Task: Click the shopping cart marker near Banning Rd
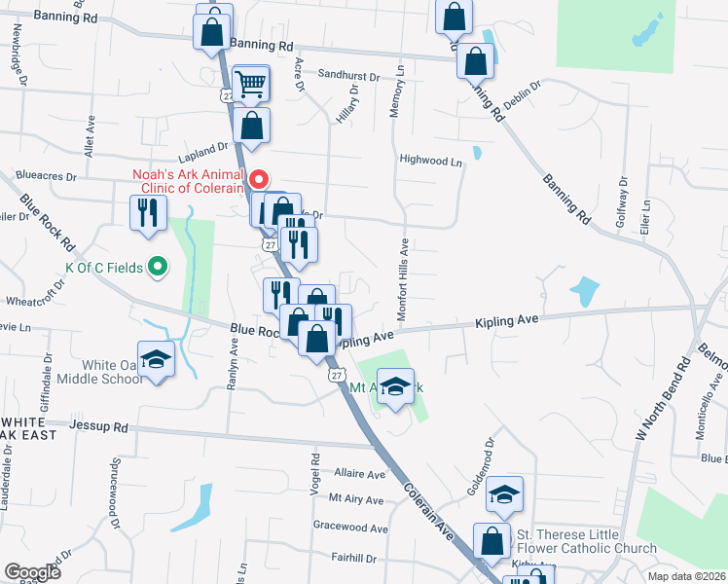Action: (x=251, y=86)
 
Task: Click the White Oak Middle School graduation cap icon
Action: (x=156, y=360)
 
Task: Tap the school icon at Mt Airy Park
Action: (x=395, y=387)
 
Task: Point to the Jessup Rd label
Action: (x=99, y=426)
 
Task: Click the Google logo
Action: (x=32, y=572)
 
